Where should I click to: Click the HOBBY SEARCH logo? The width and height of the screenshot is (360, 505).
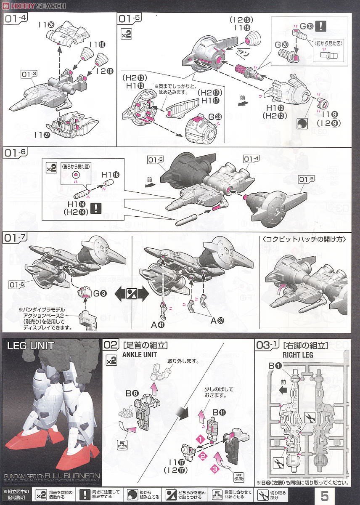[33, 5]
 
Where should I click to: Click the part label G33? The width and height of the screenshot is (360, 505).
[304, 26]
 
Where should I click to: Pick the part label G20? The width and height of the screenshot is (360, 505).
[281, 44]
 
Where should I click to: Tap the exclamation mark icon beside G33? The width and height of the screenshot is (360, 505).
[321, 26]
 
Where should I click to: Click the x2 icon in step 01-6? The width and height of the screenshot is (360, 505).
[51, 168]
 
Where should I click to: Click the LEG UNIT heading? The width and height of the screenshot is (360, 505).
[31, 346]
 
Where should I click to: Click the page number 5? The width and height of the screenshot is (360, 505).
[325, 495]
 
